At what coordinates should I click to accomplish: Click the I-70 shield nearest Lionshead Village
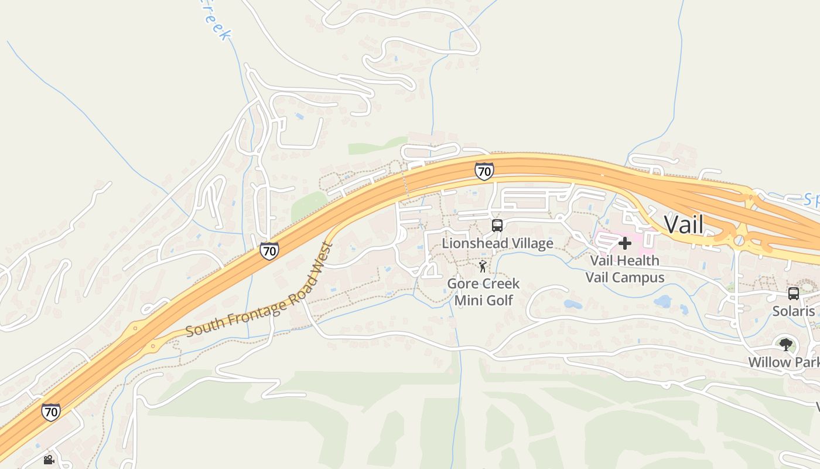(x=484, y=171)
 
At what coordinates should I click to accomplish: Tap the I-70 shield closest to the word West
(x=269, y=251)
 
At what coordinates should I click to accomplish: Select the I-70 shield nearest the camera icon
(x=51, y=412)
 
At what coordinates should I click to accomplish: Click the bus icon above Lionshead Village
(x=497, y=225)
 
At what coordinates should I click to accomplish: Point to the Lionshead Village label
(x=497, y=243)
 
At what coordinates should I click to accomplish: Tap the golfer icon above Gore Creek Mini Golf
(x=483, y=267)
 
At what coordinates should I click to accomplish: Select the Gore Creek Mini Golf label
(x=483, y=292)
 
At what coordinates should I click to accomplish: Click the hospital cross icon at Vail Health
(x=625, y=243)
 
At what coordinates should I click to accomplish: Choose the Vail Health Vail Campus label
(x=624, y=269)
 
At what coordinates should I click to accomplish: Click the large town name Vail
(x=684, y=225)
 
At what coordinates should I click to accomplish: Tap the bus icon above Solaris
(x=794, y=294)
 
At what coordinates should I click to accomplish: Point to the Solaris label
(x=794, y=311)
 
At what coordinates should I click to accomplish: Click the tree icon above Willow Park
(x=785, y=344)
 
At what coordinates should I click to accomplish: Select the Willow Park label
(x=784, y=362)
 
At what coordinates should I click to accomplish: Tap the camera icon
(x=49, y=460)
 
